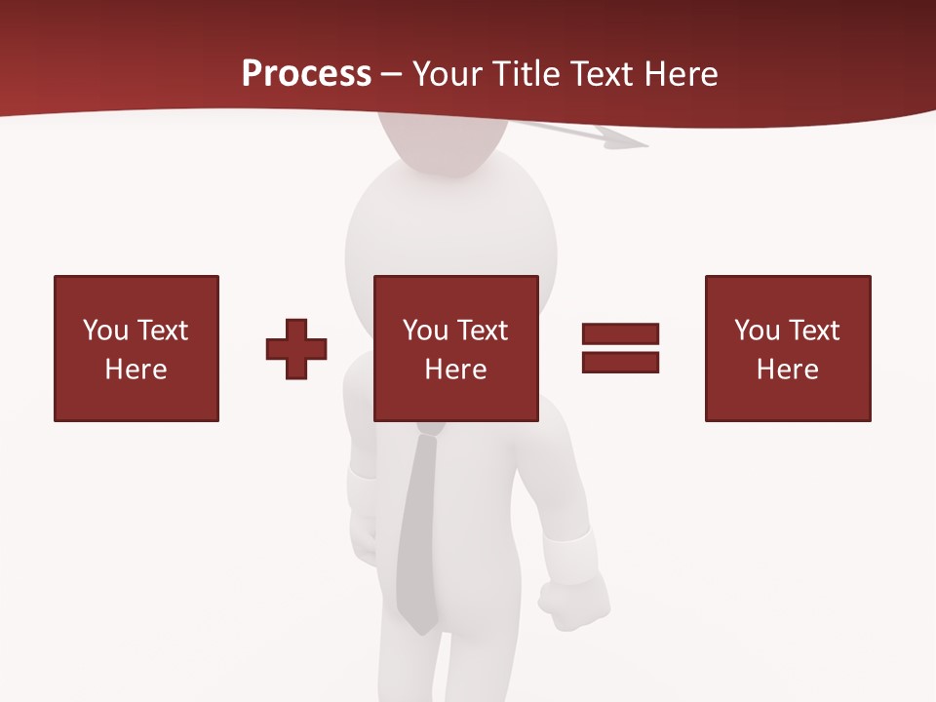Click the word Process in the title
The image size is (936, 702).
(x=306, y=74)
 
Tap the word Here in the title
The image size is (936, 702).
(x=678, y=74)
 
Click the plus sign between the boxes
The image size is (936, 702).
(x=296, y=349)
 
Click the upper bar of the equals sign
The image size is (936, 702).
(x=620, y=333)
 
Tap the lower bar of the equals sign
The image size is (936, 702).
(x=620, y=362)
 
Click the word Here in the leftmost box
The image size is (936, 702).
(x=136, y=370)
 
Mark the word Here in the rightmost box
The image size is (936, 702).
(x=788, y=370)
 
